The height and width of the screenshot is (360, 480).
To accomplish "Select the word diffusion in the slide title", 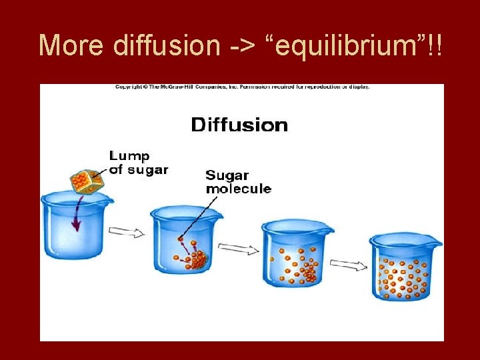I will pyautogui.click(x=166, y=45).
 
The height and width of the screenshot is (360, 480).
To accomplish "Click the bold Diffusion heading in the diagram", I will pyautogui.click(x=239, y=125).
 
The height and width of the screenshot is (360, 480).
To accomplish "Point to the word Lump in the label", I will pyautogui.click(x=129, y=156).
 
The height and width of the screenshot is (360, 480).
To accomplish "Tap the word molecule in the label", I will pyautogui.click(x=238, y=189).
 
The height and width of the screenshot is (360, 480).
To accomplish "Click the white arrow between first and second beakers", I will pyautogui.click(x=127, y=232).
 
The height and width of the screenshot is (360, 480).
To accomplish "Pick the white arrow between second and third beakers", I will pyautogui.click(x=237, y=249).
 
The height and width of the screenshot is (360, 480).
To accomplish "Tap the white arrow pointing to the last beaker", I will pyautogui.click(x=348, y=265).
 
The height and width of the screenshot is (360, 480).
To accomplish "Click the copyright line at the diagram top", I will pyautogui.click(x=242, y=87).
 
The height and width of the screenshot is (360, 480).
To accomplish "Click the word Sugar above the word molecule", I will pyautogui.click(x=227, y=176).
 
